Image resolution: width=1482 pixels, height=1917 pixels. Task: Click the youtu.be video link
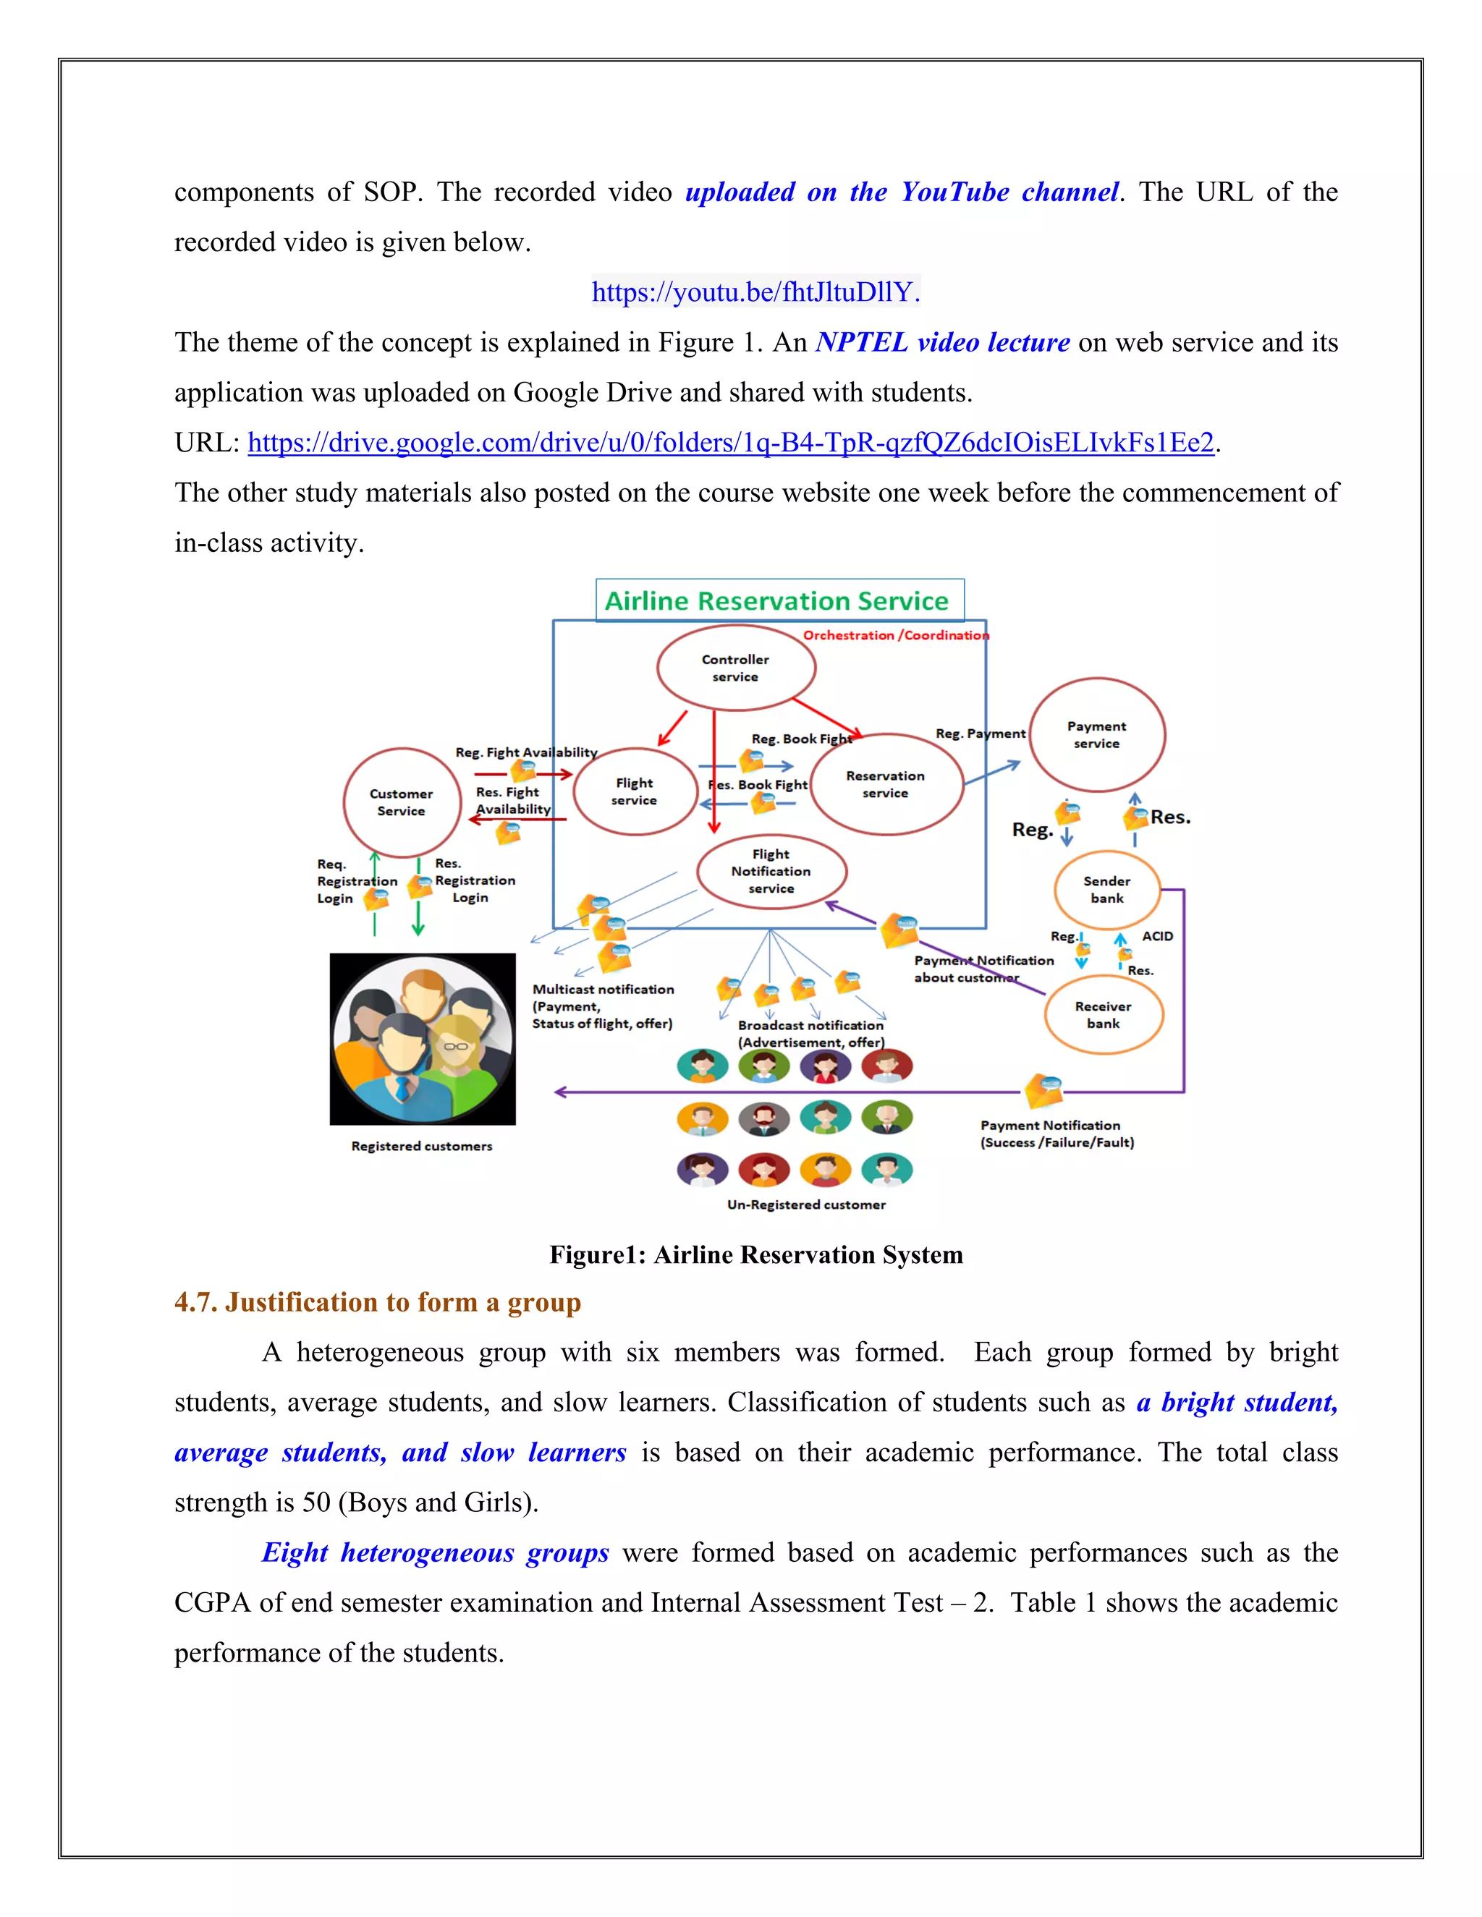(x=755, y=292)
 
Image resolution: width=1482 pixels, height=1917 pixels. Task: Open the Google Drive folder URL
(x=730, y=443)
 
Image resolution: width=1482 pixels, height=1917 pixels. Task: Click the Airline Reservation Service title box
(x=779, y=601)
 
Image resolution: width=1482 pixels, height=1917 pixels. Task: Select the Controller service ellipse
(x=736, y=668)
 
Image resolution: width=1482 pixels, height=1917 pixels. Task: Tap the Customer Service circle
(x=401, y=802)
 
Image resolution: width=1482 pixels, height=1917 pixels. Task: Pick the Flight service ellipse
(x=634, y=791)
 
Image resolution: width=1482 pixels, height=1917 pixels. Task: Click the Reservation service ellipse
(x=885, y=784)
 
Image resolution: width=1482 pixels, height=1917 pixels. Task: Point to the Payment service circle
(x=1096, y=735)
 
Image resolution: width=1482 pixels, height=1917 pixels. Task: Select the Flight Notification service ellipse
(x=771, y=872)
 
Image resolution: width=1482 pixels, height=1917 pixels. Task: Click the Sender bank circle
(x=1106, y=889)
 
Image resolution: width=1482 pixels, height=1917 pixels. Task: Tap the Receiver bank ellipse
(x=1103, y=1015)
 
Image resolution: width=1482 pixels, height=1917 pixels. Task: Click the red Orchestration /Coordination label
(x=896, y=635)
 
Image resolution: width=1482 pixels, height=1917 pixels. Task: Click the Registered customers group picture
(x=423, y=1038)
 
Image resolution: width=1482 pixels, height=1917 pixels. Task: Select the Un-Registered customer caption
(x=806, y=1205)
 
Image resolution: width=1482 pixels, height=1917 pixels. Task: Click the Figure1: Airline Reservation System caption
(x=756, y=1254)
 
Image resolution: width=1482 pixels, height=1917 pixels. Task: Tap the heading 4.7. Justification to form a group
(x=378, y=1301)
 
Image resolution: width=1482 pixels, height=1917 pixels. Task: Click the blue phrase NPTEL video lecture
(x=942, y=342)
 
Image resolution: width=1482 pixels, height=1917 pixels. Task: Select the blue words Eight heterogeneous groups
(x=435, y=1552)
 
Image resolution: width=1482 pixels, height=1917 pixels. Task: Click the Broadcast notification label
(x=810, y=1025)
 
